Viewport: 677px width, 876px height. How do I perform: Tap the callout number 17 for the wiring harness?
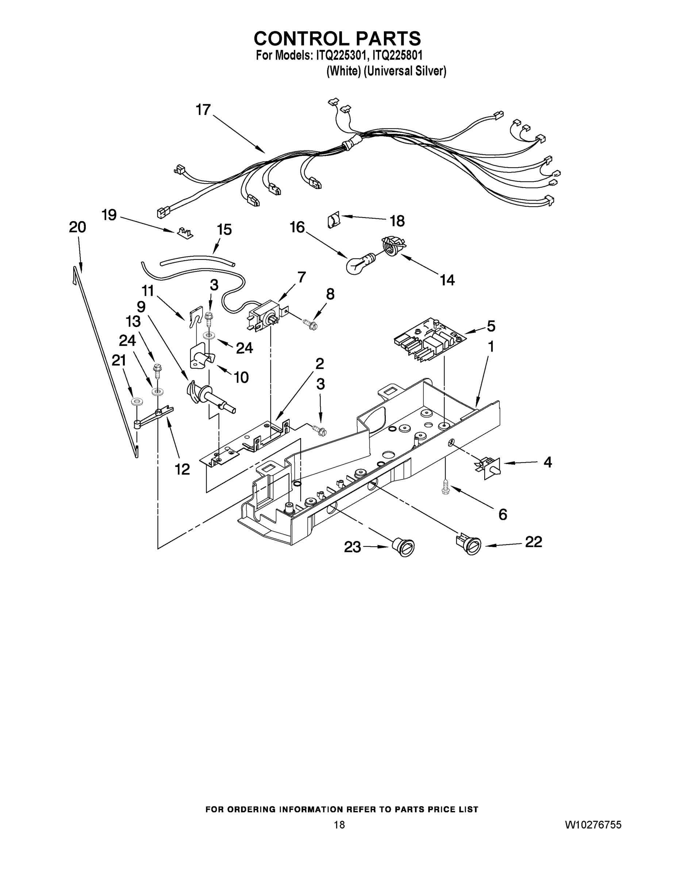tap(203, 109)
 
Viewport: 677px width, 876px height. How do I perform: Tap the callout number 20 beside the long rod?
tap(77, 227)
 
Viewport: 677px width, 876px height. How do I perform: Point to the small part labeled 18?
tap(333, 220)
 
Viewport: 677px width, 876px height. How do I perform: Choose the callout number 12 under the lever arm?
tap(182, 469)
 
